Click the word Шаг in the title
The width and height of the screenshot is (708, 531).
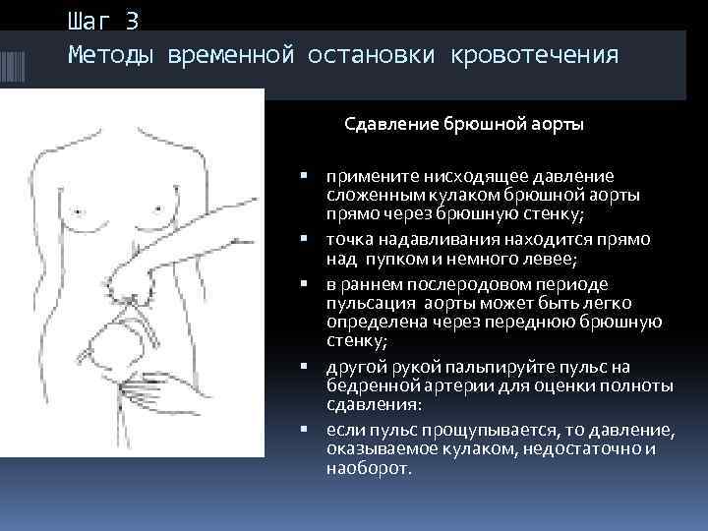coord(89,19)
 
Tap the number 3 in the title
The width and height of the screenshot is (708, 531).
coord(133,19)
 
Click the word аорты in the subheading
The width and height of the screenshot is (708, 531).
coord(554,125)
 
